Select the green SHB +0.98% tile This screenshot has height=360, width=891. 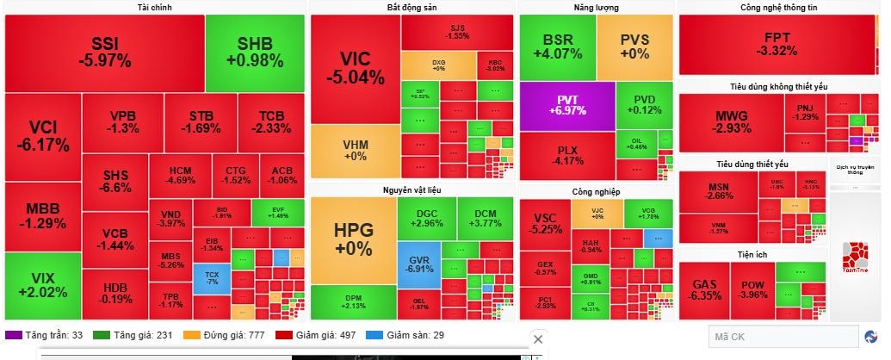click(255, 53)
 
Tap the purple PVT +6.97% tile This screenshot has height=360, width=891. click(566, 105)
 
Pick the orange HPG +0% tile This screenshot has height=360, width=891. click(353, 239)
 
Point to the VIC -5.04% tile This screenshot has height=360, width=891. click(355, 69)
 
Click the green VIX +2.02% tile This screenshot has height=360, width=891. click(42, 285)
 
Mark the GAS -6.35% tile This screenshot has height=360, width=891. click(703, 289)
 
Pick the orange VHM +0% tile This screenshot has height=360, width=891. click(355, 151)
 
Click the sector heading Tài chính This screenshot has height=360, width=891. click(154, 8)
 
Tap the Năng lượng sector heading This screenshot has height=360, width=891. click(597, 8)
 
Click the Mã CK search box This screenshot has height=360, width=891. click(782, 336)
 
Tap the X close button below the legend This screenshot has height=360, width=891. click(538, 339)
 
